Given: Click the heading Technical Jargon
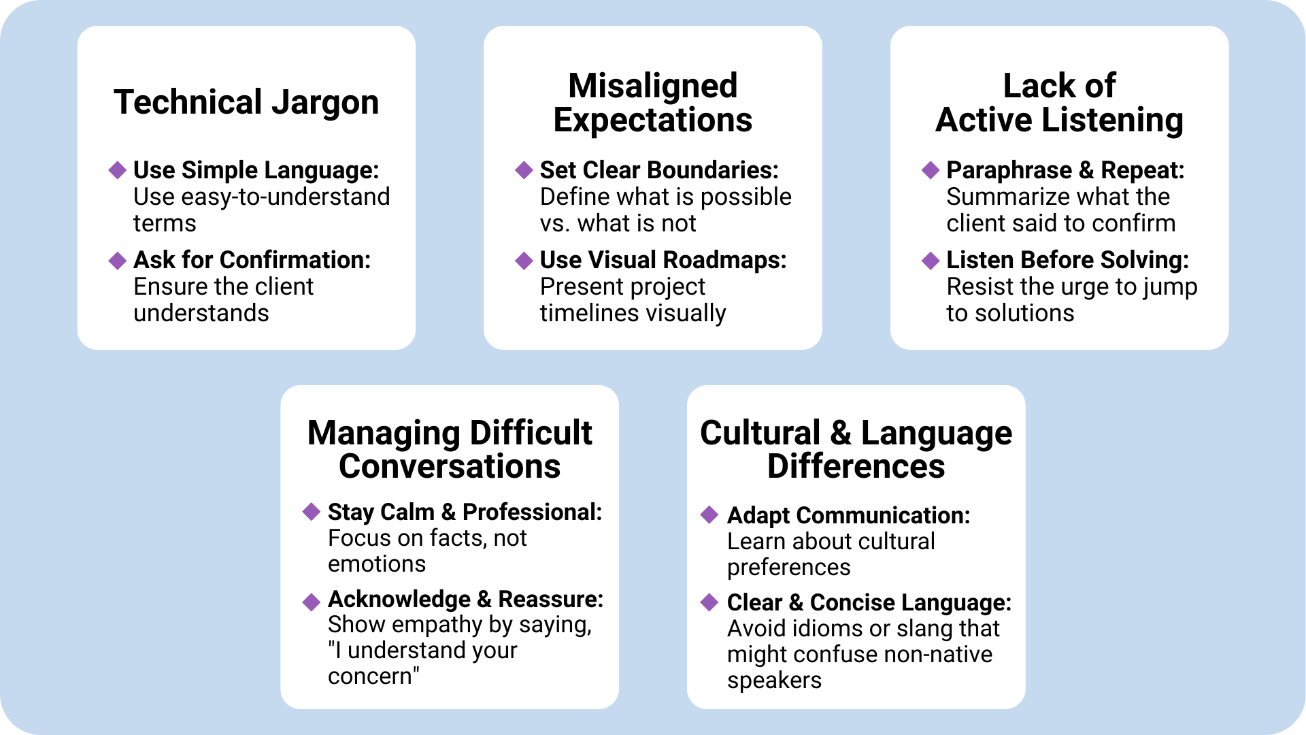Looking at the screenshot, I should pyautogui.click(x=246, y=102).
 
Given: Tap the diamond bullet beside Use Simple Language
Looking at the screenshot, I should pyautogui.click(x=118, y=170).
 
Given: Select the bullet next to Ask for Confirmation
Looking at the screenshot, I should pyautogui.click(x=118, y=260).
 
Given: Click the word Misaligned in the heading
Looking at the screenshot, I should pyautogui.click(x=652, y=86).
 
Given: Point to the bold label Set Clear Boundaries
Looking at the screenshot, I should pyautogui.click(x=658, y=170).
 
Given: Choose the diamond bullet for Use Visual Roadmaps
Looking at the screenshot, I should pyautogui.click(x=524, y=260).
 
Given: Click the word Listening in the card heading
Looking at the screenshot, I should pyautogui.click(x=1112, y=120).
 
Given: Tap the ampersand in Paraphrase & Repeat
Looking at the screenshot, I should pyautogui.click(x=1086, y=170).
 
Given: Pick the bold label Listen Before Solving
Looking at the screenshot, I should pyautogui.click(x=1067, y=260).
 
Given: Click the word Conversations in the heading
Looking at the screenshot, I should pyautogui.click(x=450, y=467).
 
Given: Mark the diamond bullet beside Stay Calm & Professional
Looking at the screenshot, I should pyautogui.click(x=312, y=512).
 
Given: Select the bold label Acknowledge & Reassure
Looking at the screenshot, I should pyautogui.click(x=465, y=599).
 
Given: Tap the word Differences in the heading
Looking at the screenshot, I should pyautogui.click(x=856, y=467).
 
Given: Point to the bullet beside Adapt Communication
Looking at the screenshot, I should pyautogui.click(x=709, y=515).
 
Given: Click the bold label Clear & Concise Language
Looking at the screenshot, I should pyautogui.click(x=869, y=602).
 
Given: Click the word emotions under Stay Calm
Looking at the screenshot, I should pyautogui.click(x=377, y=564).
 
